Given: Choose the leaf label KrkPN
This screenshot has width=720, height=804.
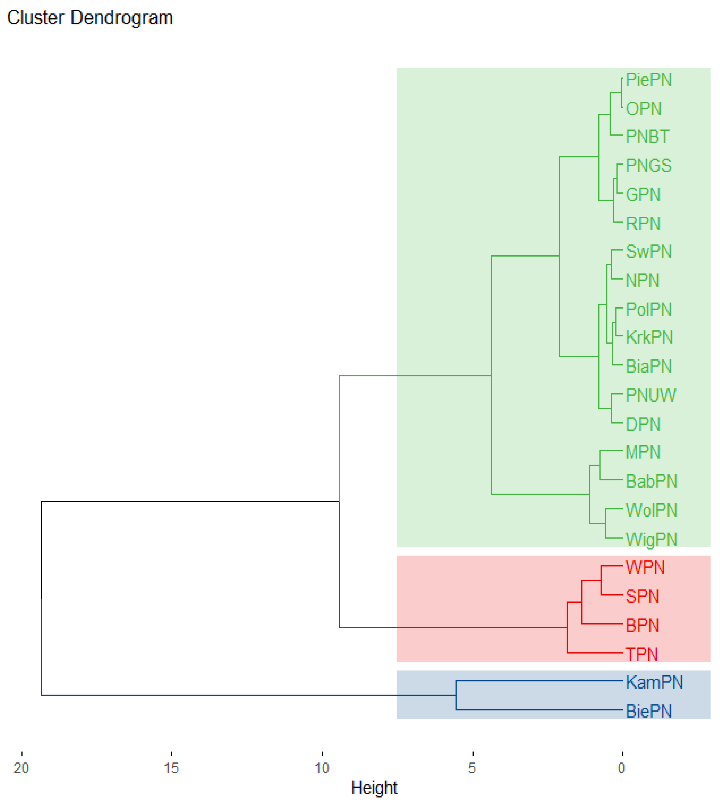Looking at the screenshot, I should point(649,337).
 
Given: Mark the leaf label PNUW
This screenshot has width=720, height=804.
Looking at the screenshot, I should point(651,395).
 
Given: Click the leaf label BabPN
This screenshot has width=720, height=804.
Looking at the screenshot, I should point(651,481).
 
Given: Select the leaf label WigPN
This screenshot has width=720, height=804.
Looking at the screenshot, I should point(651,539).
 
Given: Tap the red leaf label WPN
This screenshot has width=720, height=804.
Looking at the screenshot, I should point(645,567).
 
